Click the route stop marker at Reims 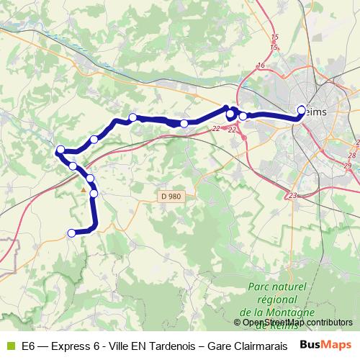(x=301, y=110)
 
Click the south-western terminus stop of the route (x=71, y=233)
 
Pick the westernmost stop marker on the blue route (x=60, y=150)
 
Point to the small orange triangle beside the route (x=84, y=190)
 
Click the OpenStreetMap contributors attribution (x=298, y=323)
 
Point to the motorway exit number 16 (x=261, y=66)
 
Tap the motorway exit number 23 (x=292, y=195)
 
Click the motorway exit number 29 (x=348, y=166)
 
